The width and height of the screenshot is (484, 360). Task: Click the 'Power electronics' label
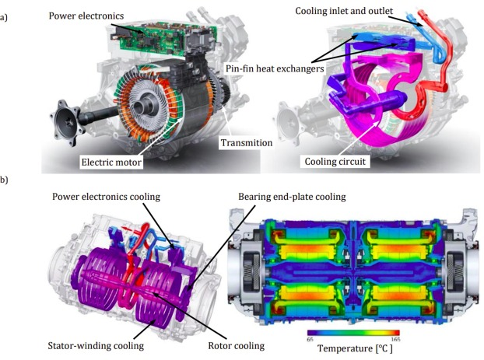point(86,16)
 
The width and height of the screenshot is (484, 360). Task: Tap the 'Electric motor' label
point(111,163)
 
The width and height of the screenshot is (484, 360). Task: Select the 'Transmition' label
point(247,143)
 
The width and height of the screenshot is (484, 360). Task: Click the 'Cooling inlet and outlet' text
point(344,11)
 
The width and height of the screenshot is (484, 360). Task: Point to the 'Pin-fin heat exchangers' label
point(275,68)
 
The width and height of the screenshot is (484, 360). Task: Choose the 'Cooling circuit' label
point(335,162)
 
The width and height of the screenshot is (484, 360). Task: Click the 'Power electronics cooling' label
point(106,197)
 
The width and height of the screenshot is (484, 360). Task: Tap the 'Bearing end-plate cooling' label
point(292,197)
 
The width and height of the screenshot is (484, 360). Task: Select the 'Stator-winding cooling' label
point(96,346)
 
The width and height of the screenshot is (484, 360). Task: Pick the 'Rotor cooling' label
point(236,346)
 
